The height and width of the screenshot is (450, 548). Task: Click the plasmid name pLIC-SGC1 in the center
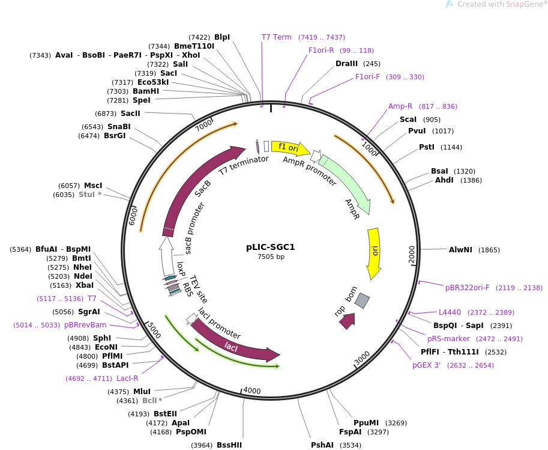click(x=270, y=246)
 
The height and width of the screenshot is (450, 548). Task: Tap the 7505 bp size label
click(x=271, y=257)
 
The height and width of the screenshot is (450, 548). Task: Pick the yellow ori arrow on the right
click(x=375, y=252)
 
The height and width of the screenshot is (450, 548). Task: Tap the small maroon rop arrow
click(x=346, y=321)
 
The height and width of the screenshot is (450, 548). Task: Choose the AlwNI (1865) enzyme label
click(x=460, y=250)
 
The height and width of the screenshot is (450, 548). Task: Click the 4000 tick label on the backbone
click(x=252, y=391)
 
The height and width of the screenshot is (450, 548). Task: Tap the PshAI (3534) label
click(x=322, y=445)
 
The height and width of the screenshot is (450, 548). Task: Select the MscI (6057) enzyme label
click(x=93, y=186)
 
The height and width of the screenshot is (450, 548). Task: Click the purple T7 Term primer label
click(x=277, y=37)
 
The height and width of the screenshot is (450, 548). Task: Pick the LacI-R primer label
click(x=127, y=379)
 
